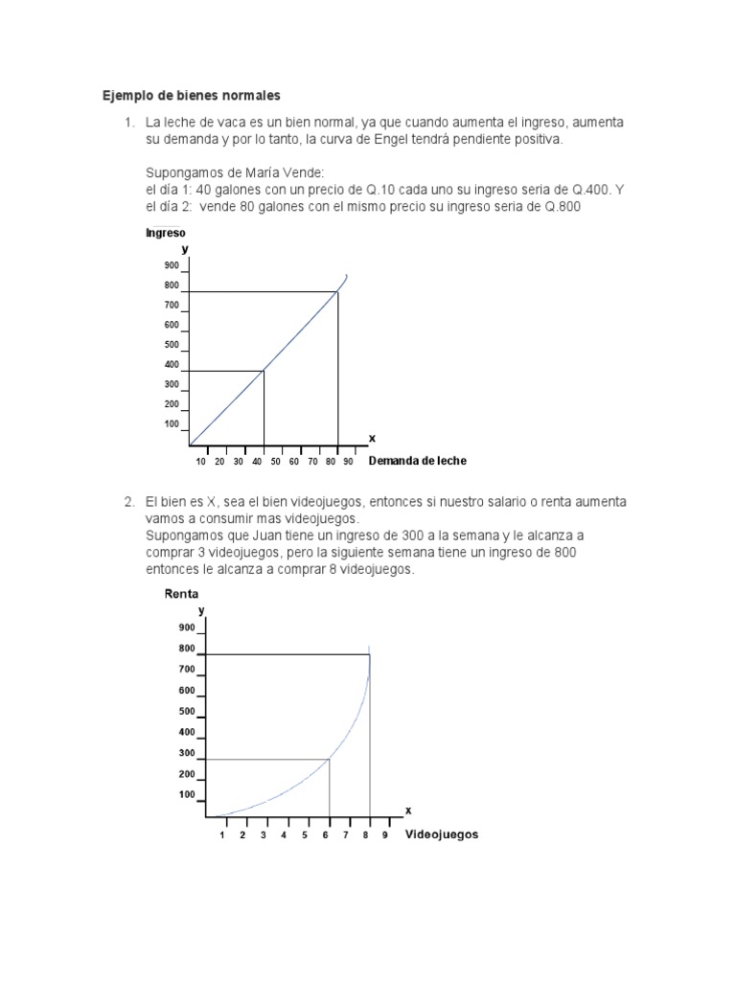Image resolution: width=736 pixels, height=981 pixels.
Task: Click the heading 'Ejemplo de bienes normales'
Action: (192, 96)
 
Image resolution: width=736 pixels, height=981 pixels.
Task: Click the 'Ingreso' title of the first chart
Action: (165, 233)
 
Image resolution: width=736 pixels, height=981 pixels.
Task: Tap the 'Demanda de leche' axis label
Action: (418, 461)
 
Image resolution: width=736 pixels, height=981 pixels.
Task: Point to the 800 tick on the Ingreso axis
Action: (172, 285)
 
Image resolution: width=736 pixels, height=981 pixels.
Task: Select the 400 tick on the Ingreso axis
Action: (172, 365)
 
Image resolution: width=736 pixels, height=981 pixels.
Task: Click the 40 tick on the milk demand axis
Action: (256, 462)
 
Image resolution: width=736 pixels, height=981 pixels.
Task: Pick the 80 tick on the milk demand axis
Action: (330, 462)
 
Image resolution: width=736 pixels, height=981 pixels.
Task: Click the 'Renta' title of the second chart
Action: (181, 594)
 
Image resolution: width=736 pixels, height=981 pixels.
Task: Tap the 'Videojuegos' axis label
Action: (442, 834)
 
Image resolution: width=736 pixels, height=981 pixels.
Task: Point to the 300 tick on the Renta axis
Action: (186, 753)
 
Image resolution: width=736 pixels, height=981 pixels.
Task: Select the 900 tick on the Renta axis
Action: (186, 627)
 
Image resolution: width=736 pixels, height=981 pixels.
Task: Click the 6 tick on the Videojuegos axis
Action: (326, 835)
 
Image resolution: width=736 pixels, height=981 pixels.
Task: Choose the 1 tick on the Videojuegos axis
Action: (222, 835)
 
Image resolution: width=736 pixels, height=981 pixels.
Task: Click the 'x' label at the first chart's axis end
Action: (372, 438)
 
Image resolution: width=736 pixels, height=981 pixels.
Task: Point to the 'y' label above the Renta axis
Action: (200, 610)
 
